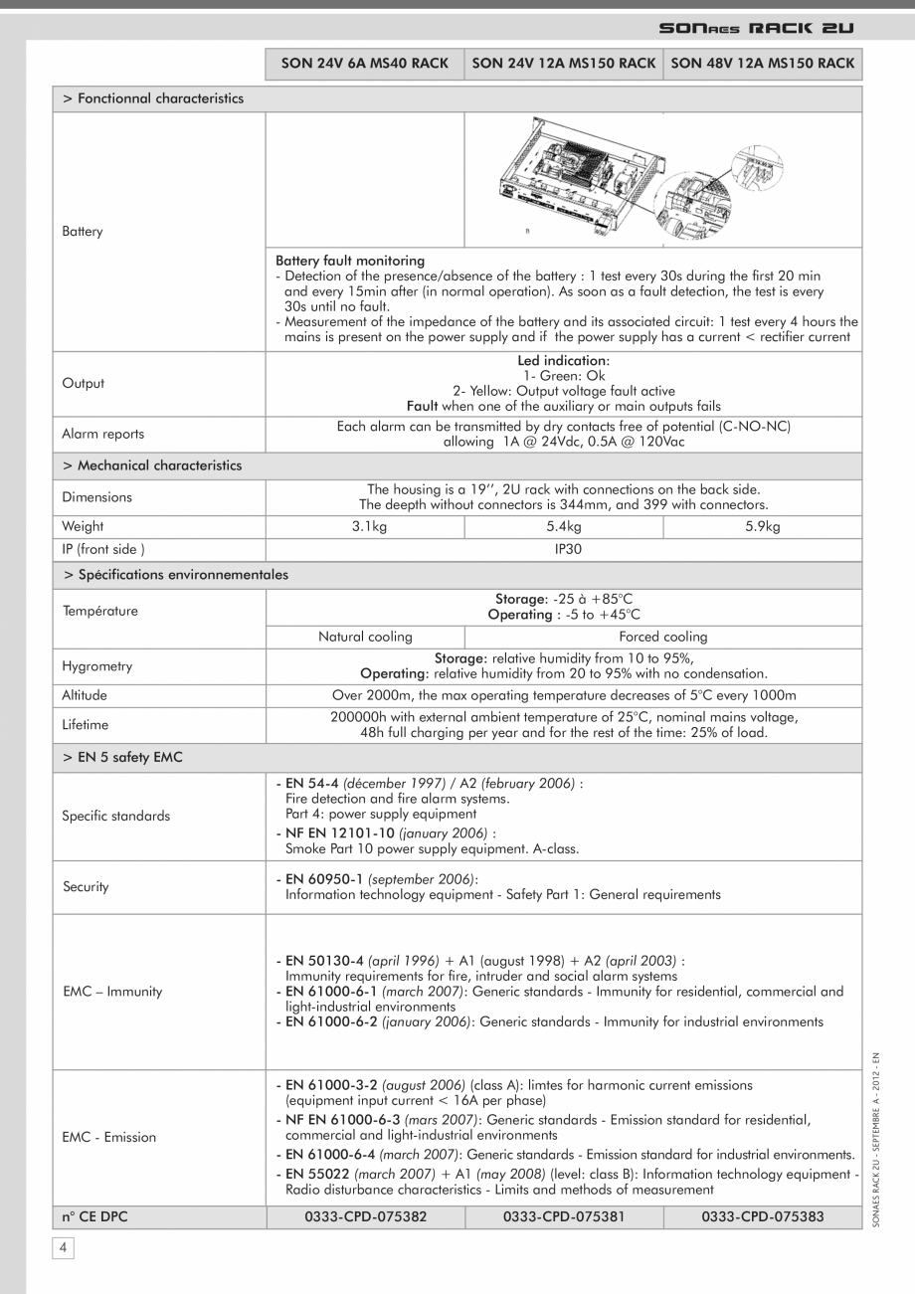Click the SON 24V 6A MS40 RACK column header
point(364,64)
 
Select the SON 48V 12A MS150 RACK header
point(762,64)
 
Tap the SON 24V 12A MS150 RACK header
point(563,64)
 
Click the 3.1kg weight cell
point(364,526)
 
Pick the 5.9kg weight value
point(762,526)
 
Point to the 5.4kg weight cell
point(563,526)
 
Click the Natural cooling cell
point(364,637)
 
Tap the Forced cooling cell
point(662,637)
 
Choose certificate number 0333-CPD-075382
point(364,1215)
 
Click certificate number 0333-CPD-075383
point(762,1215)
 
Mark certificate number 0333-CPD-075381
point(563,1215)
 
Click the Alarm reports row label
point(102,434)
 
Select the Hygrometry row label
point(96,666)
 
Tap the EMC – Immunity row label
point(111,991)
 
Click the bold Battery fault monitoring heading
point(349,262)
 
